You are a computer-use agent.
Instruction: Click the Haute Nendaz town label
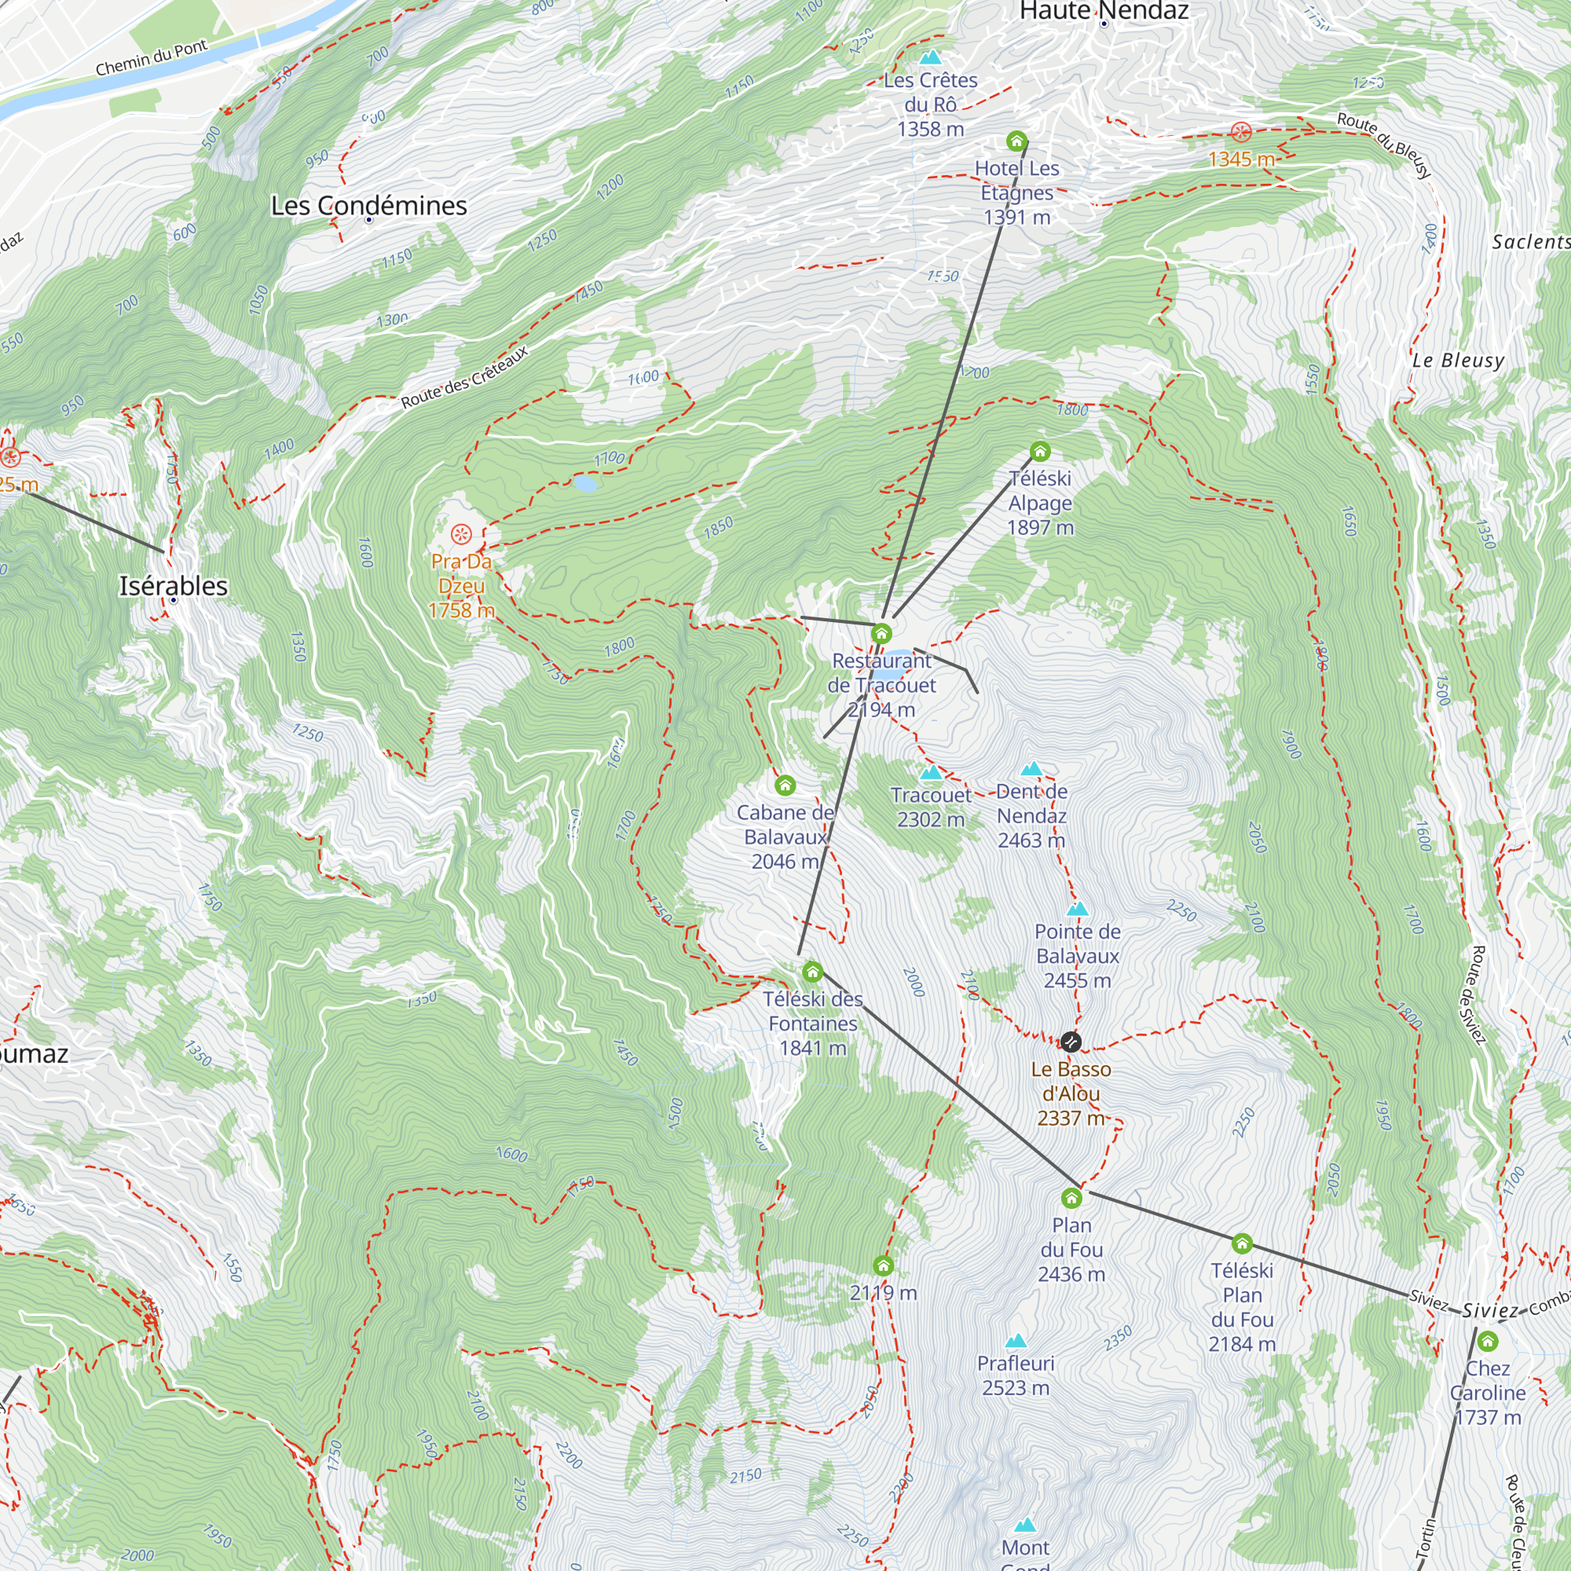(1104, 10)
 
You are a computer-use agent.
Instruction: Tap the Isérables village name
(173, 585)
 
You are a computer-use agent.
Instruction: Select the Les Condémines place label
(368, 206)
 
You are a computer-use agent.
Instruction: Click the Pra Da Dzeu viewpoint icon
(461, 534)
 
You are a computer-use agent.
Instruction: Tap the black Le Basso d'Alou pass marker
(1071, 1042)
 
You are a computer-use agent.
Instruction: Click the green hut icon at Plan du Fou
(1071, 1198)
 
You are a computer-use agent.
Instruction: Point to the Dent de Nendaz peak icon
(1032, 768)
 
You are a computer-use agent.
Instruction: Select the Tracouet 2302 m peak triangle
(931, 772)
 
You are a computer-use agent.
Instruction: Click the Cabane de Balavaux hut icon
(785, 785)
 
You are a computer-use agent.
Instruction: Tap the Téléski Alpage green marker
(1040, 452)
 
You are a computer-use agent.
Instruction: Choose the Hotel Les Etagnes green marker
(1016, 141)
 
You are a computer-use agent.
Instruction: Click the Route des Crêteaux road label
(464, 377)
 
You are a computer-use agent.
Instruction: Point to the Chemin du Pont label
(152, 57)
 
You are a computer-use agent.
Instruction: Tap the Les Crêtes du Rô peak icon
(930, 57)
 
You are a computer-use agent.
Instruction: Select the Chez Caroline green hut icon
(1487, 1341)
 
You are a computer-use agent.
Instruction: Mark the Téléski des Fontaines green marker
(812, 972)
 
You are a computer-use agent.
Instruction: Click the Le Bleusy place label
(1458, 361)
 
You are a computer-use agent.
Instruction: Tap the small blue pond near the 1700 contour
(584, 484)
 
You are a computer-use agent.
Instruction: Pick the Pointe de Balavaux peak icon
(1078, 909)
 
